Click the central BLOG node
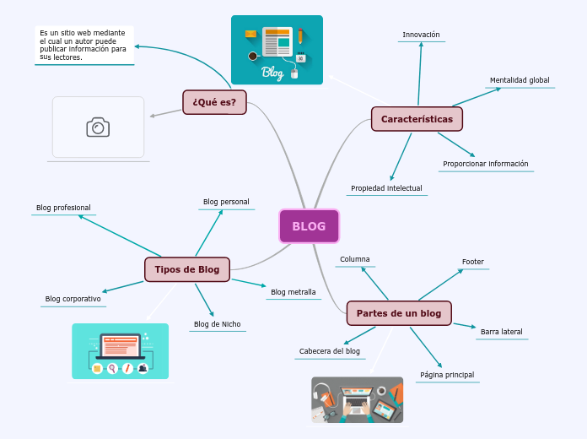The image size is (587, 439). point(309,226)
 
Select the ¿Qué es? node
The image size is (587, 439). point(214,102)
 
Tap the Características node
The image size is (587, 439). point(417,119)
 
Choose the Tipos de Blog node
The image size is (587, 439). point(186,269)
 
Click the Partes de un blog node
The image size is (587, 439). point(399,313)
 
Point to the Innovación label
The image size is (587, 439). point(421,35)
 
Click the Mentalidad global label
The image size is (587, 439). point(520,80)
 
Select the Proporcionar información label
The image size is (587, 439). point(485,164)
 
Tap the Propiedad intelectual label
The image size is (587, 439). point(386,188)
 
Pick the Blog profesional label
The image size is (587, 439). point(63,208)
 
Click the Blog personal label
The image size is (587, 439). point(226,202)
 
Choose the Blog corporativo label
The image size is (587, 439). point(73,299)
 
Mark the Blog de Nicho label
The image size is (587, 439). point(217,324)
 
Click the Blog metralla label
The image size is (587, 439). point(293,292)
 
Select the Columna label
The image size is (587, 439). point(354,259)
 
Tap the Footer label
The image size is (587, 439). point(473,262)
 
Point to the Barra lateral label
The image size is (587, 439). point(501,332)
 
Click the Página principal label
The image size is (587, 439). point(447,375)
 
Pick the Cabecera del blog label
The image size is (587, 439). point(330,351)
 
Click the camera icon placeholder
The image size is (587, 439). point(98,127)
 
